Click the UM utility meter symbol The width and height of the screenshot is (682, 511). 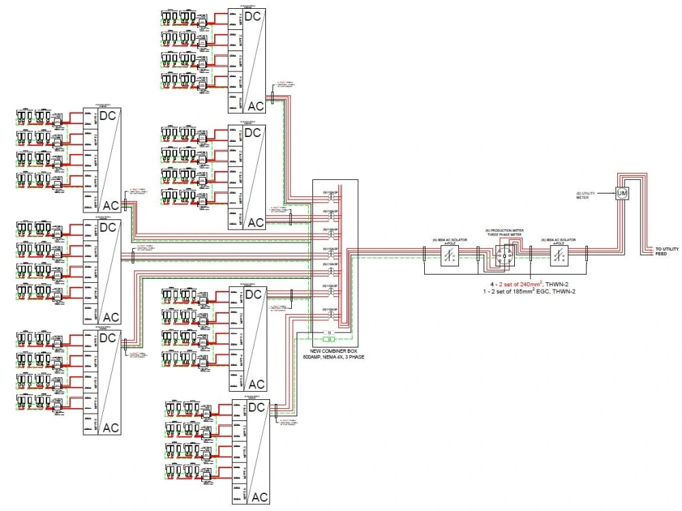point(621,193)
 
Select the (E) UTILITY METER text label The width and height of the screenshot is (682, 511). point(585,196)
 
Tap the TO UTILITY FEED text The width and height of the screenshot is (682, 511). point(666,251)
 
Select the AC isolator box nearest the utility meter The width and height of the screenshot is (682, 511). point(559,258)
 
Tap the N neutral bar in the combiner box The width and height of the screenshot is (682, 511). point(330,332)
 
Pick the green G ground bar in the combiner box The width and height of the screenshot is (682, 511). point(330,339)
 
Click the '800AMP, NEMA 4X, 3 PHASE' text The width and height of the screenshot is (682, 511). point(333,356)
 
